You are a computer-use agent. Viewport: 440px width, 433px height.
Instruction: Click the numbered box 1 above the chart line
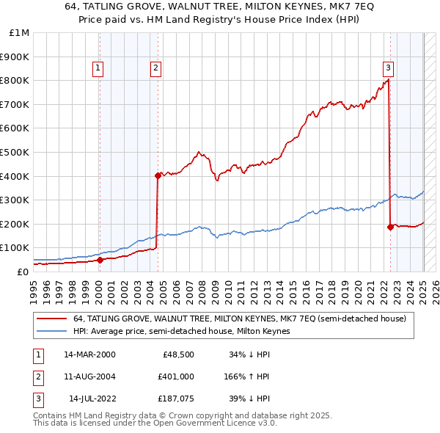click(x=98, y=69)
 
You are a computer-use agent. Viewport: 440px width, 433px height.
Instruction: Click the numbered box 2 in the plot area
click(x=156, y=69)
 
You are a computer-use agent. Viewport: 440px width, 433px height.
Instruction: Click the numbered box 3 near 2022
click(x=388, y=69)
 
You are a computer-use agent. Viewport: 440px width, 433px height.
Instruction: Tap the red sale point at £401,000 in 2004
click(x=158, y=175)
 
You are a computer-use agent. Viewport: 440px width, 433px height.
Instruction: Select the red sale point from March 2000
click(x=100, y=260)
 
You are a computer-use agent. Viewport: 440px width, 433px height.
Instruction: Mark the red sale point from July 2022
click(x=390, y=227)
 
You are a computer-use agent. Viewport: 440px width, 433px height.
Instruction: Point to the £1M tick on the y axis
click(x=20, y=32)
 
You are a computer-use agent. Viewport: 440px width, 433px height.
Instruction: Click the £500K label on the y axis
click(x=15, y=152)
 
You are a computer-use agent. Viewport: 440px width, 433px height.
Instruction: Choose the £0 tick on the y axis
click(x=23, y=272)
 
